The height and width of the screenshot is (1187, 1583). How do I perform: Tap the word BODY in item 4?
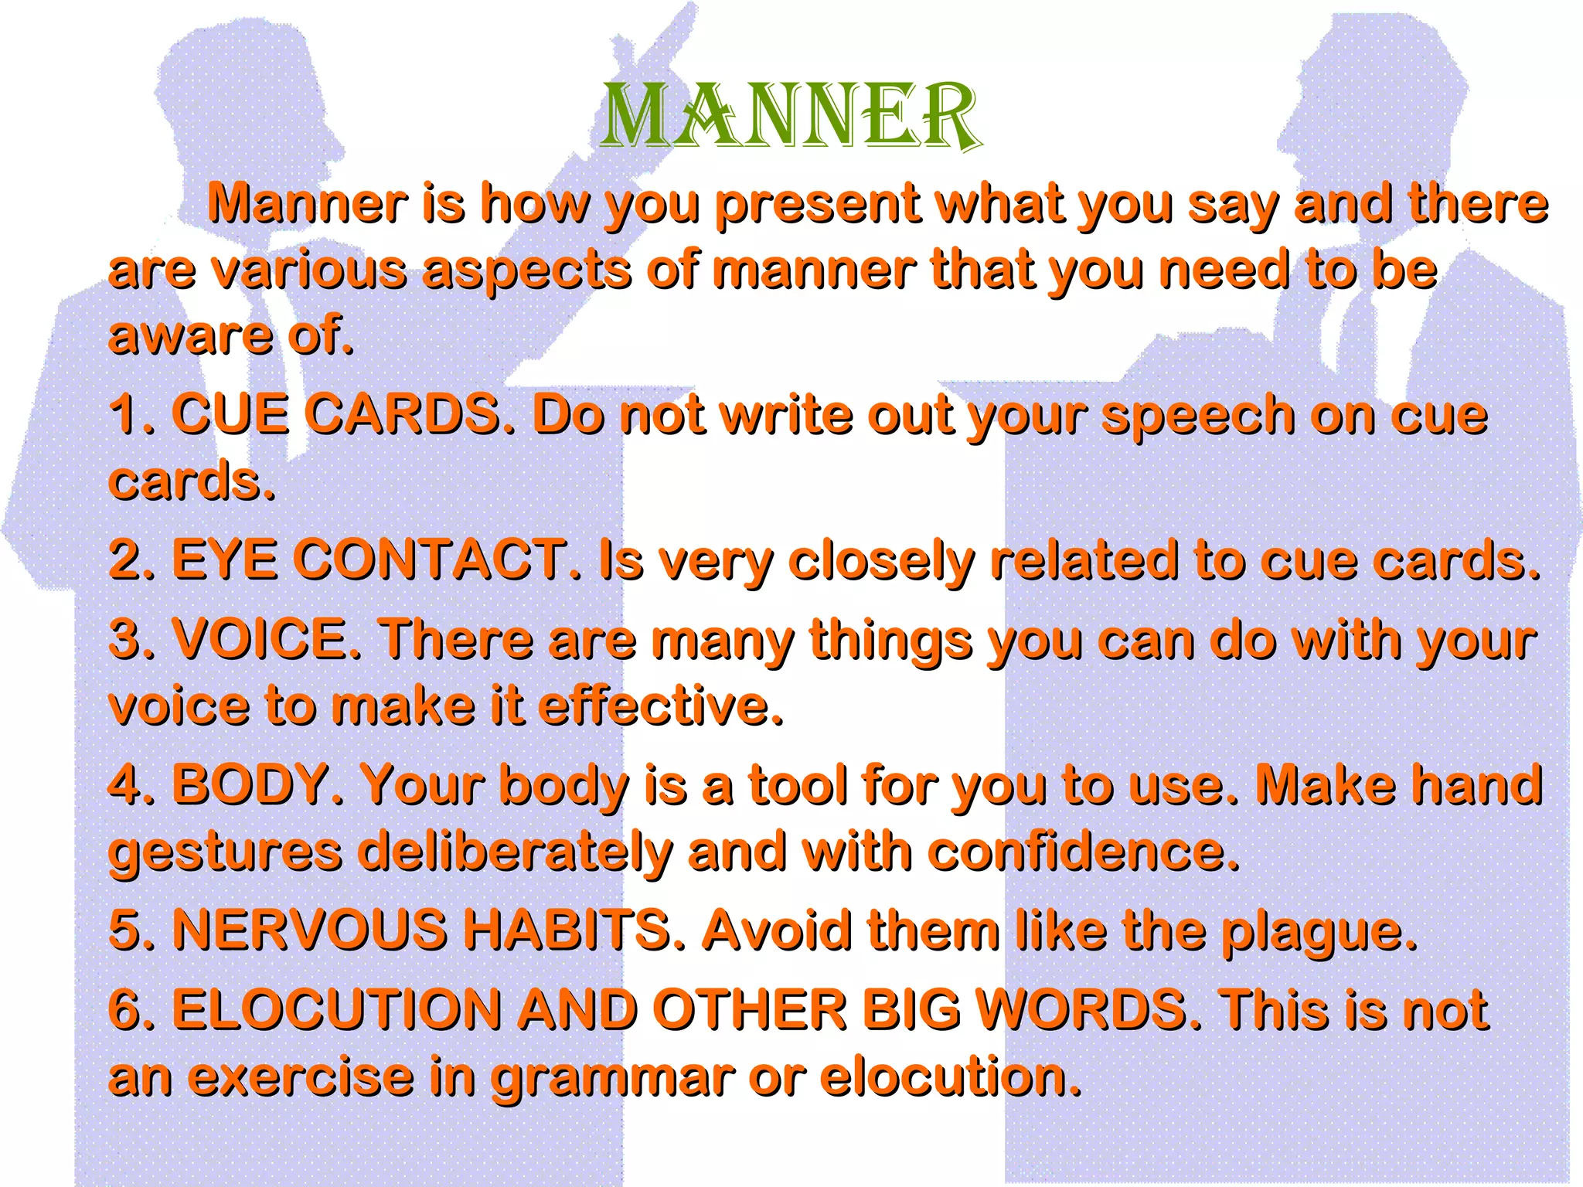click(x=250, y=784)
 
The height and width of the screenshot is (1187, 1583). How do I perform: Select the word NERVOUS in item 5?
click(x=310, y=930)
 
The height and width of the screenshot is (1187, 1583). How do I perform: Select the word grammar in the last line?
click(x=611, y=1078)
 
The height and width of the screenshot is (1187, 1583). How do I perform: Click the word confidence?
click(x=1083, y=852)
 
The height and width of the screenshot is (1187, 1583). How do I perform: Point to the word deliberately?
click(x=515, y=853)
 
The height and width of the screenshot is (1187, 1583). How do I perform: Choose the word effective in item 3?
click(x=661, y=706)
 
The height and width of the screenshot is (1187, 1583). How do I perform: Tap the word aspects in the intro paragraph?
click(x=526, y=271)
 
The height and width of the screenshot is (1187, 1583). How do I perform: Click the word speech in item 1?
click(x=1197, y=417)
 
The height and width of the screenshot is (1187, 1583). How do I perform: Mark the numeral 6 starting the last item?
click(x=124, y=1010)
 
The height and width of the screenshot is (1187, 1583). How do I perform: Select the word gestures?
click(x=225, y=853)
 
